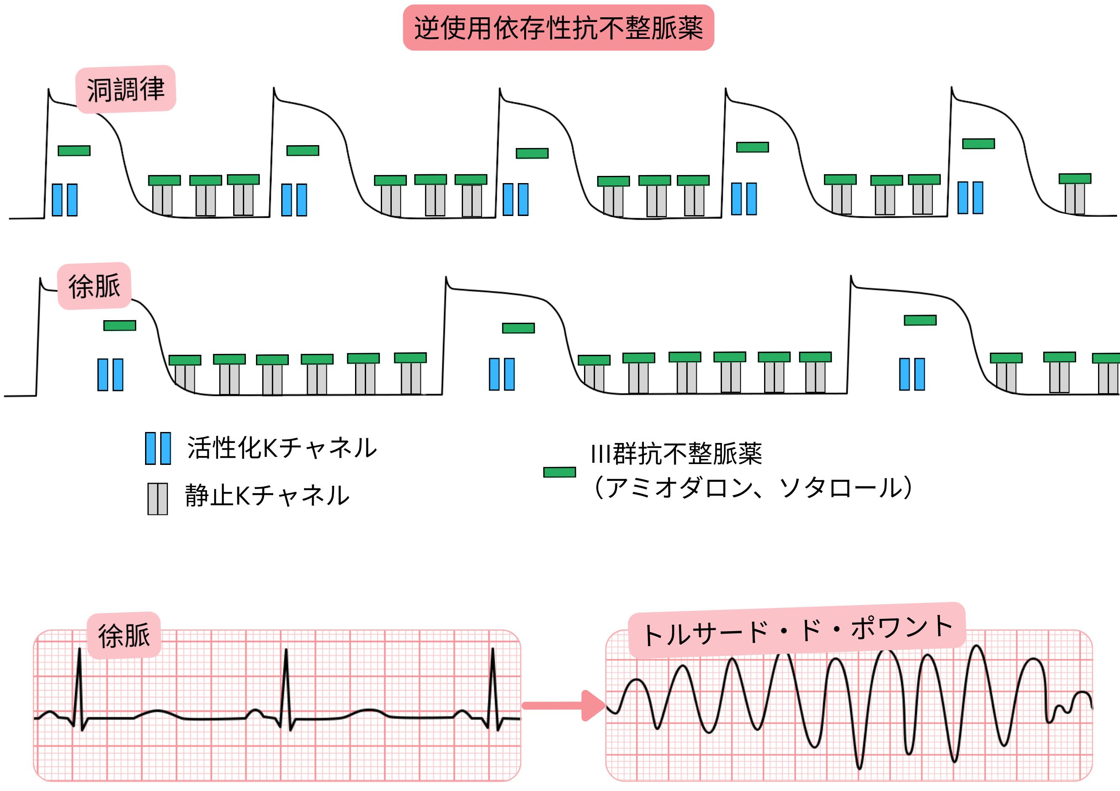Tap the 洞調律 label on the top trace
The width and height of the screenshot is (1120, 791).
point(126,89)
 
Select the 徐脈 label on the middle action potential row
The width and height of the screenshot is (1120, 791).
point(94,286)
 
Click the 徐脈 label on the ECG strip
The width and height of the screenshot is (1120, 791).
point(124,635)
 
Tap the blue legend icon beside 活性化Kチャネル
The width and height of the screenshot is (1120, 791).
point(158,448)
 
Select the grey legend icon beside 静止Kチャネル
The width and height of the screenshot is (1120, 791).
point(158,499)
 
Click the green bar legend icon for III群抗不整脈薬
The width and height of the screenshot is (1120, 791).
point(560,472)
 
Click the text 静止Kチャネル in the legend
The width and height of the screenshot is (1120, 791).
point(267,495)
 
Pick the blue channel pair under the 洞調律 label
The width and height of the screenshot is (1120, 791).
point(65,200)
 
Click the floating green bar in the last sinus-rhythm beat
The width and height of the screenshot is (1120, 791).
point(978,143)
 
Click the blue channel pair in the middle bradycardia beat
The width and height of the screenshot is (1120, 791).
point(501,374)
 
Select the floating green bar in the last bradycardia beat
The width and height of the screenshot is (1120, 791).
point(920,320)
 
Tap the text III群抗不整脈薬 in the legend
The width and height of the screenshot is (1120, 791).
point(676,454)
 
